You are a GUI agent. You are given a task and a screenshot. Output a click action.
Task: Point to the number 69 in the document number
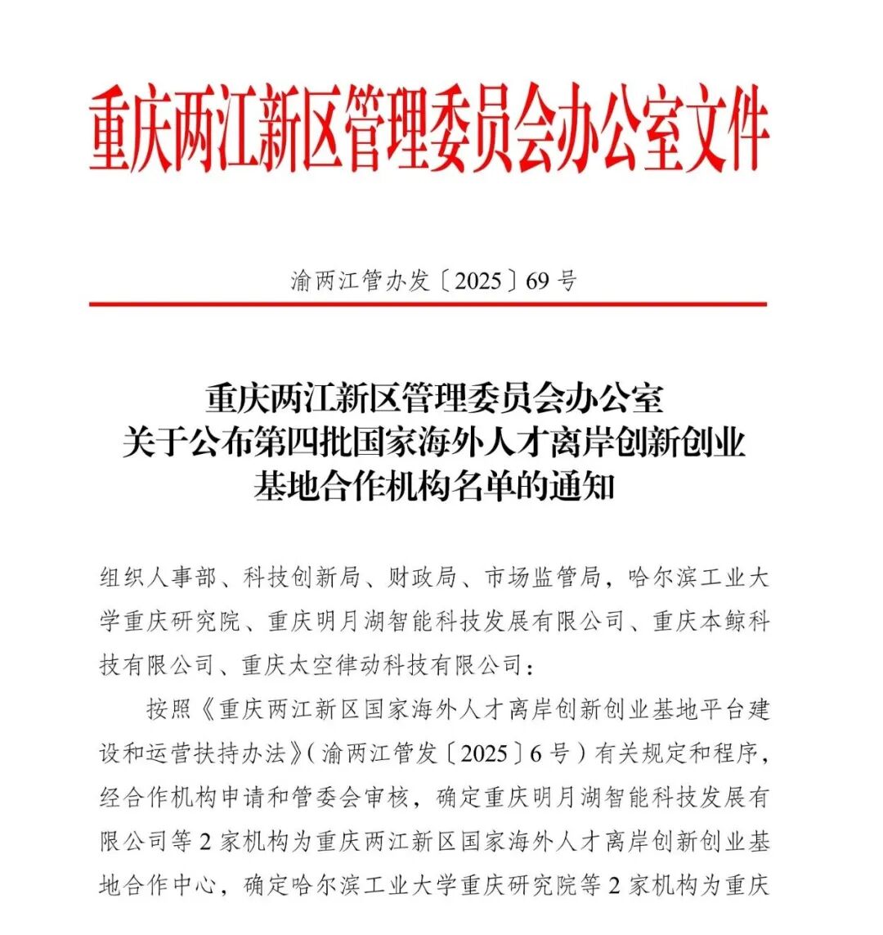tap(537, 281)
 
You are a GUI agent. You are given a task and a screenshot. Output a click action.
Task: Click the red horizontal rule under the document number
tap(428, 304)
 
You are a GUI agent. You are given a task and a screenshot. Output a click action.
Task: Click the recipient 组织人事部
tap(158, 578)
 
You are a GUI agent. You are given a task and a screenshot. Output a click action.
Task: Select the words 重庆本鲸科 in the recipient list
tap(711, 621)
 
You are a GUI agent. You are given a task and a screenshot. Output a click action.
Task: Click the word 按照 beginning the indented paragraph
tap(169, 708)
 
